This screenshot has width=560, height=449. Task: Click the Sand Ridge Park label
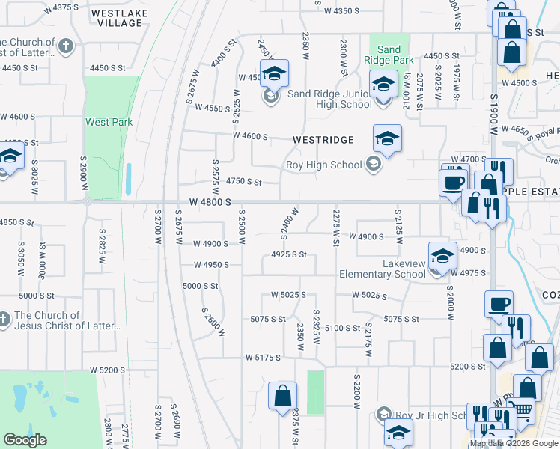pos(389,54)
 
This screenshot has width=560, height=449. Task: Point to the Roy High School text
pos(323,165)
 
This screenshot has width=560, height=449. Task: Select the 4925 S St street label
pos(290,254)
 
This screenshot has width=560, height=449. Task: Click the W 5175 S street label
pos(262,358)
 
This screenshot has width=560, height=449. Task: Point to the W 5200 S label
pos(107,370)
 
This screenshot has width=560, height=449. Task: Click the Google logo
pos(25,440)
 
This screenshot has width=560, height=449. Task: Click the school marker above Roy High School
pos(387,138)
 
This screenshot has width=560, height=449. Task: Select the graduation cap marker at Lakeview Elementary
pos(442,256)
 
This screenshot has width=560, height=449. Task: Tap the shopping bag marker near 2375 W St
pos(283,396)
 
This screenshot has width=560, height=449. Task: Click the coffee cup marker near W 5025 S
pos(499,304)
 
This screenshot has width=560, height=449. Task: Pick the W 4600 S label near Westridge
pos(250,135)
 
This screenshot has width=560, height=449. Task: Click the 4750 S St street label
pos(244,182)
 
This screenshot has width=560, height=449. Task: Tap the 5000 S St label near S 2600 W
pos(201,286)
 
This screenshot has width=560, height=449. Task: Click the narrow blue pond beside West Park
pos(129,180)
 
